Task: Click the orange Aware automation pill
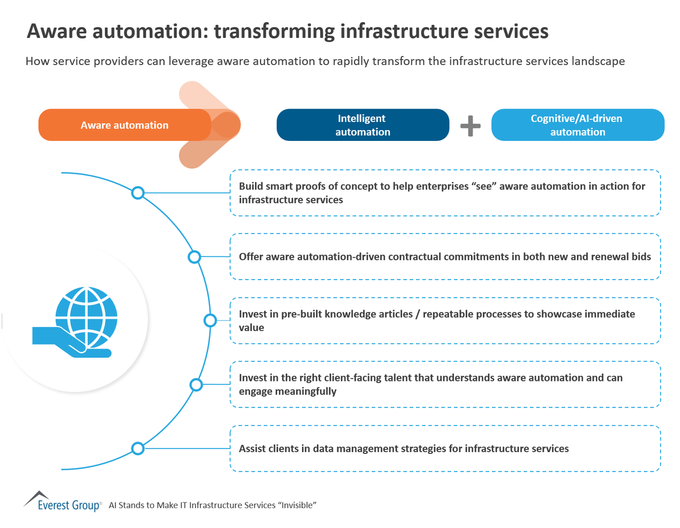click(x=124, y=125)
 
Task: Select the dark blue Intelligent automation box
click(x=362, y=125)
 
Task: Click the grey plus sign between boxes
click(x=470, y=126)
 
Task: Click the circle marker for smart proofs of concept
click(x=138, y=193)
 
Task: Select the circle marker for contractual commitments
click(x=194, y=257)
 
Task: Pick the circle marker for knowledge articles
click(x=210, y=320)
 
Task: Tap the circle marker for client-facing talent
click(x=196, y=385)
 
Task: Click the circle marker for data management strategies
click(x=138, y=449)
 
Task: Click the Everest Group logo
click(x=62, y=501)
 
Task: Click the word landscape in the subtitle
click(x=600, y=61)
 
